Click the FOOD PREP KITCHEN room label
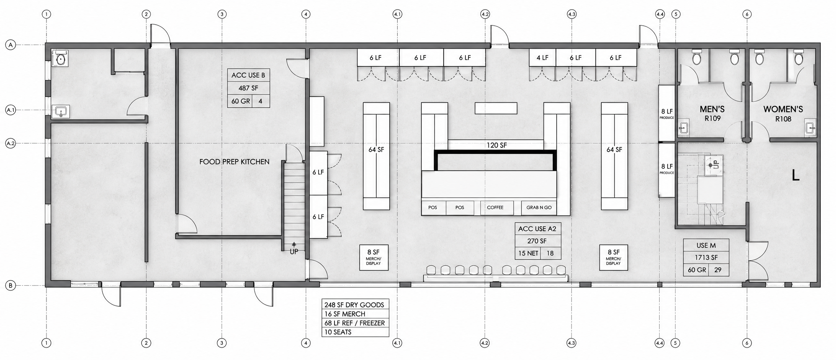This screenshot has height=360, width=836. (x=234, y=162)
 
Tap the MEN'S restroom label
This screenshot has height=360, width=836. (x=712, y=109)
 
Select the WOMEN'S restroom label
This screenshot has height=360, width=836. (x=783, y=109)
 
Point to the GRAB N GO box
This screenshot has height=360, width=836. (x=539, y=208)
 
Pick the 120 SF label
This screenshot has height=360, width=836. (x=497, y=145)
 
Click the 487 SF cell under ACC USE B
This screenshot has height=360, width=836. (x=249, y=88)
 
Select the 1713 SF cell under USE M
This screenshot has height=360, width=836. (x=706, y=258)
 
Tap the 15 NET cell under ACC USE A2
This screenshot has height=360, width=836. (x=528, y=253)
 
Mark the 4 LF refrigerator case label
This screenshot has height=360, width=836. (x=542, y=58)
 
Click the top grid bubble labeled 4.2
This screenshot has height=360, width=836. (x=485, y=14)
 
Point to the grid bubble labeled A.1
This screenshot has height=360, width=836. (x=11, y=110)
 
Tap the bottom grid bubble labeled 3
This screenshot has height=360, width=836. (x=222, y=343)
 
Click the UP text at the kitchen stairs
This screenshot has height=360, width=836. (x=294, y=251)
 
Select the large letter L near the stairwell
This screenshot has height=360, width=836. (x=795, y=176)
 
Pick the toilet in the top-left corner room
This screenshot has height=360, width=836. (x=61, y=58)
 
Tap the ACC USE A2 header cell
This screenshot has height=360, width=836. (x=537, y=229)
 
